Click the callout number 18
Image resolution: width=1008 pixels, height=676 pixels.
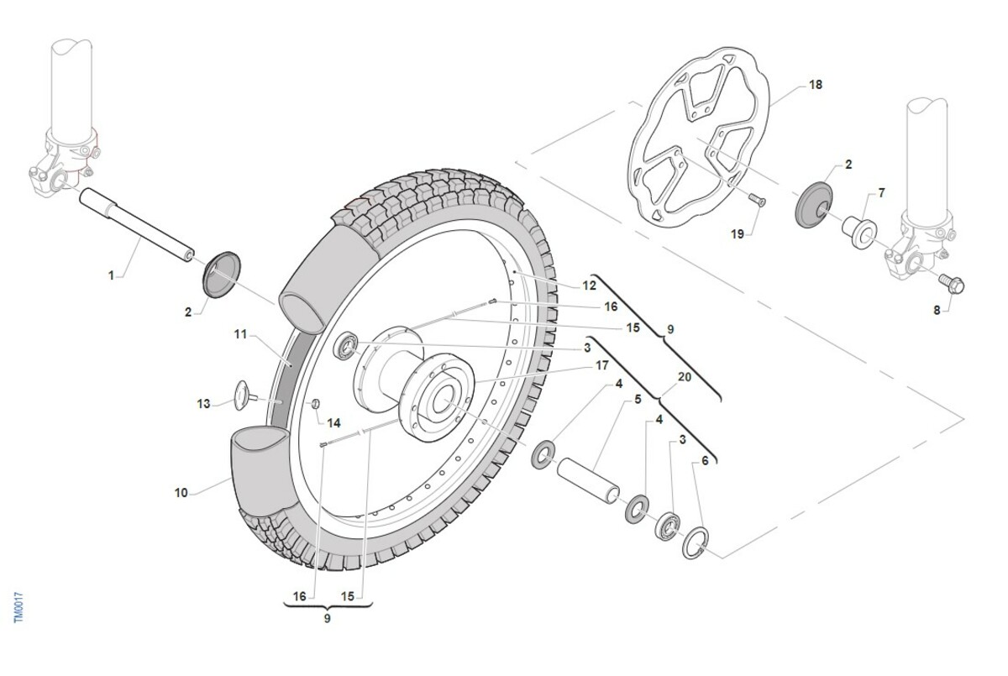pyautogui.click(x=816, y=85)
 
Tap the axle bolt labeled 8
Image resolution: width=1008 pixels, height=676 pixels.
pyautogui.click(x=952, y=284)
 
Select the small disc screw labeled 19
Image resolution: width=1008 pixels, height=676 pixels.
pyautogui.click(x=757, y=200)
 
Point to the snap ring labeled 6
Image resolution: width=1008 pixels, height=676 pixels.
pyautogui.click(x=696, y=542)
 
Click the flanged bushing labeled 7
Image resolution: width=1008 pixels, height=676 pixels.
pyautogui.click(x=859, y=232)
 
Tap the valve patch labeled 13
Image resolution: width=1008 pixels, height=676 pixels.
pyautogui.click(x=244, y=396)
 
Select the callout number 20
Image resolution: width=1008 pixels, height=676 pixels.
pyautogui.click(x=685, y=377)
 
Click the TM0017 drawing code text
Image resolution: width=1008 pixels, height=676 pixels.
pyautogui.click(x=18, y=608)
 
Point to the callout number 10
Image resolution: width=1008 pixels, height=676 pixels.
pyautogui.click(x=181, y=493)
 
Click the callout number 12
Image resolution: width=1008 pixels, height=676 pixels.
pyautogui.click(x=589, y=286)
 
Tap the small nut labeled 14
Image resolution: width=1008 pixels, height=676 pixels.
pyautogui.click(x=316, y=403)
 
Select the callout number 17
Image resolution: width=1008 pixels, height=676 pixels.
pyautogui.click(x=602, y=365)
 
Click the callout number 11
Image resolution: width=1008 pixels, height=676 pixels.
pyautogui.click(x=241, y=334)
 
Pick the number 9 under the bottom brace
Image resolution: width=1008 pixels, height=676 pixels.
pyautogui.click(x=327, y=618)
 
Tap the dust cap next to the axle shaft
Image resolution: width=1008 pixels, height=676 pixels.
pyautogui.click(x=223, y=275)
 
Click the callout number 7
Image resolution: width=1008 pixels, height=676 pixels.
pyautogui.click(x=881, y=192)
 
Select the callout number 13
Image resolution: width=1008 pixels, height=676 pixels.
pyautogui.click(x=203, y=403)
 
